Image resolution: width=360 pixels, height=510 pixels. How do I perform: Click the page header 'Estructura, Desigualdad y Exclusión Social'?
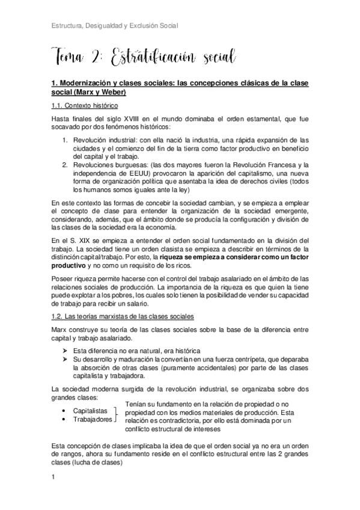pos(115,26)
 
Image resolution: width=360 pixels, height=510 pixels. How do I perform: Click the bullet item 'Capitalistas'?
pos(90,411)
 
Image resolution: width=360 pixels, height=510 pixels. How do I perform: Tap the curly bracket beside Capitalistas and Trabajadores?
pos(117,415)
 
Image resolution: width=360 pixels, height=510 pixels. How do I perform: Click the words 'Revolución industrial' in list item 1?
pos(103,140)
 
